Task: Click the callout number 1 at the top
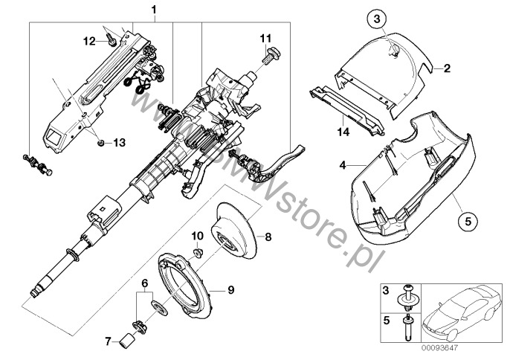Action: [x=154, y=10]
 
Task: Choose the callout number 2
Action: [x=447, y=69]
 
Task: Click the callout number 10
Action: [x=197, y=236]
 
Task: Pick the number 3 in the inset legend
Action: [x=387, y=288]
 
